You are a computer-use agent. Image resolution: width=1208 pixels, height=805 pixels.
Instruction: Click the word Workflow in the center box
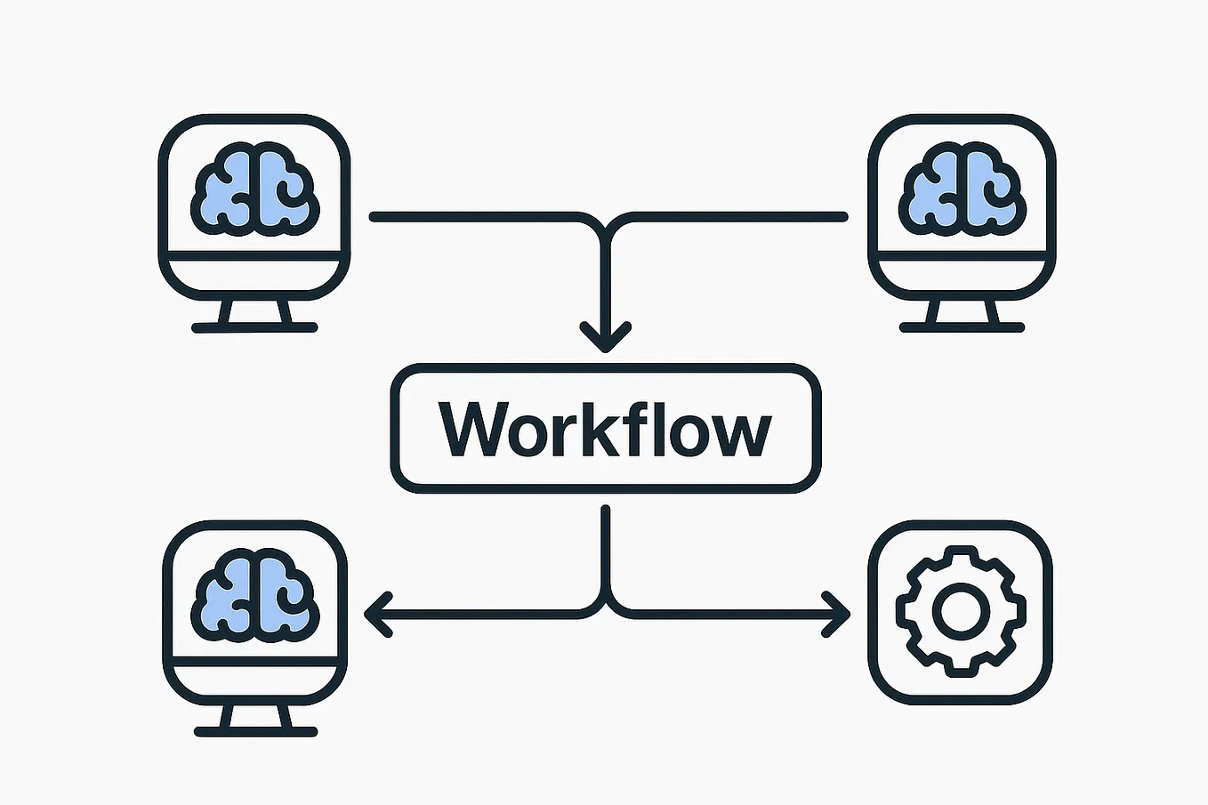click(x=605, y=429)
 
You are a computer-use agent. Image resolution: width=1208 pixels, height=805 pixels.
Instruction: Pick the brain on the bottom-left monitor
click(x=254, y=597)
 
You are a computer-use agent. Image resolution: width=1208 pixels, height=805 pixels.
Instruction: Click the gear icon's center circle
click(x=960, y=612)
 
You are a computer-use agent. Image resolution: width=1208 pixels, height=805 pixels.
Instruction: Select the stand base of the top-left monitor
click(x=254, y=327)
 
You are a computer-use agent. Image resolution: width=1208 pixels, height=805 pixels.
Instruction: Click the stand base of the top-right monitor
click(x=962, y=327)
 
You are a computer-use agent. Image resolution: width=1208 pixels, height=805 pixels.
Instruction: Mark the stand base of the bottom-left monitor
click(x=255, y=732)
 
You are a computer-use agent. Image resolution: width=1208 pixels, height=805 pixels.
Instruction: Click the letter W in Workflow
click(x=471, y=429)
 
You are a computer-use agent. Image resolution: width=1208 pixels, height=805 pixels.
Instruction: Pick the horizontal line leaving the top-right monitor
click(x=738, y=216)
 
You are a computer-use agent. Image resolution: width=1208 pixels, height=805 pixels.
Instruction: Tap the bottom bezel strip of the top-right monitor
click(x=962, y=274)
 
